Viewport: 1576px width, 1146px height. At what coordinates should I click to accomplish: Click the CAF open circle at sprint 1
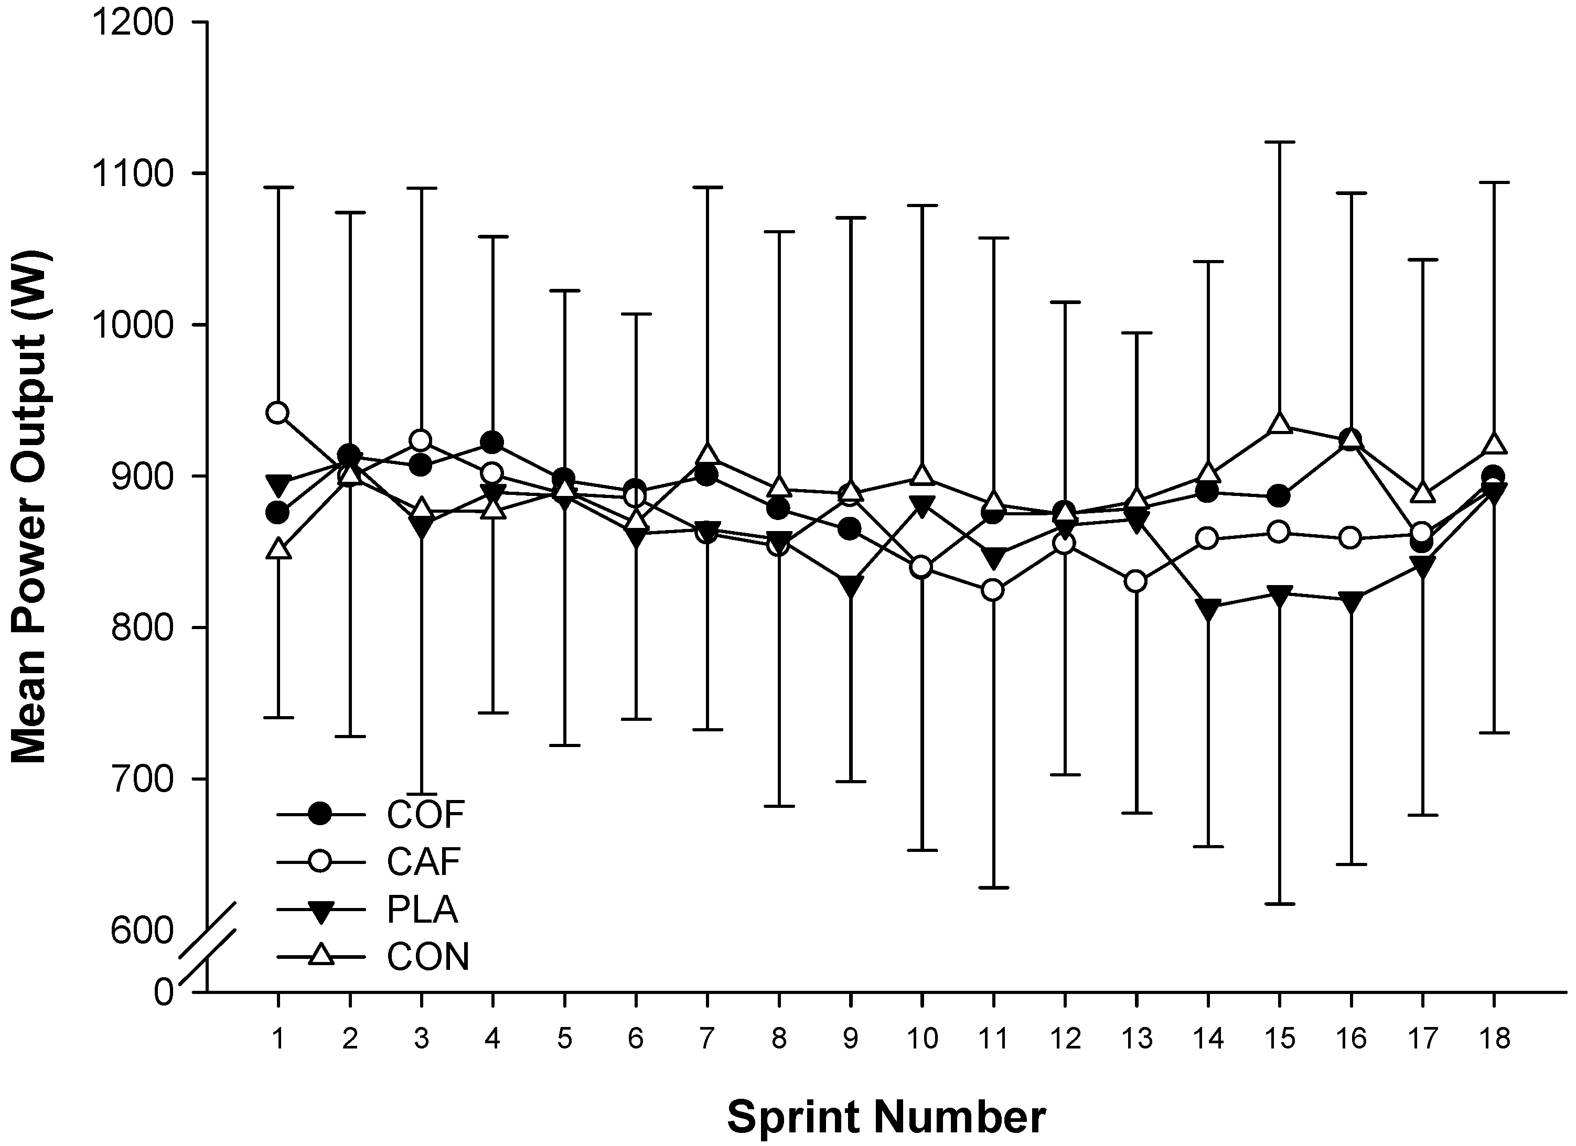278,413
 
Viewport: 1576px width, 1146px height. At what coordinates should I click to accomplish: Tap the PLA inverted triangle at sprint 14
1208,609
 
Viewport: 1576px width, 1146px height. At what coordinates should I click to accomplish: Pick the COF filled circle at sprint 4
492,442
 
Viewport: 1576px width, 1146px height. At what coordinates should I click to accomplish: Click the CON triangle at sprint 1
278,549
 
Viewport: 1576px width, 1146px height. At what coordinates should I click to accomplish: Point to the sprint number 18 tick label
1494,1039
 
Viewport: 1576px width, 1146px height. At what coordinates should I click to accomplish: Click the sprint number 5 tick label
564,1039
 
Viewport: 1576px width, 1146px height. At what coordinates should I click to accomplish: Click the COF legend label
425,815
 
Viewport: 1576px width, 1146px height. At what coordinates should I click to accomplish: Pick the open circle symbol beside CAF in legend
320,862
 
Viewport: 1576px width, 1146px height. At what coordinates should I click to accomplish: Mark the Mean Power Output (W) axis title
29,507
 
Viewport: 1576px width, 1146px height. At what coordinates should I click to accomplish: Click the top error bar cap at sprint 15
1280,142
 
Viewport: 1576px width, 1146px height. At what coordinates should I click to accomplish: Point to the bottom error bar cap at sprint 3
421,793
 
